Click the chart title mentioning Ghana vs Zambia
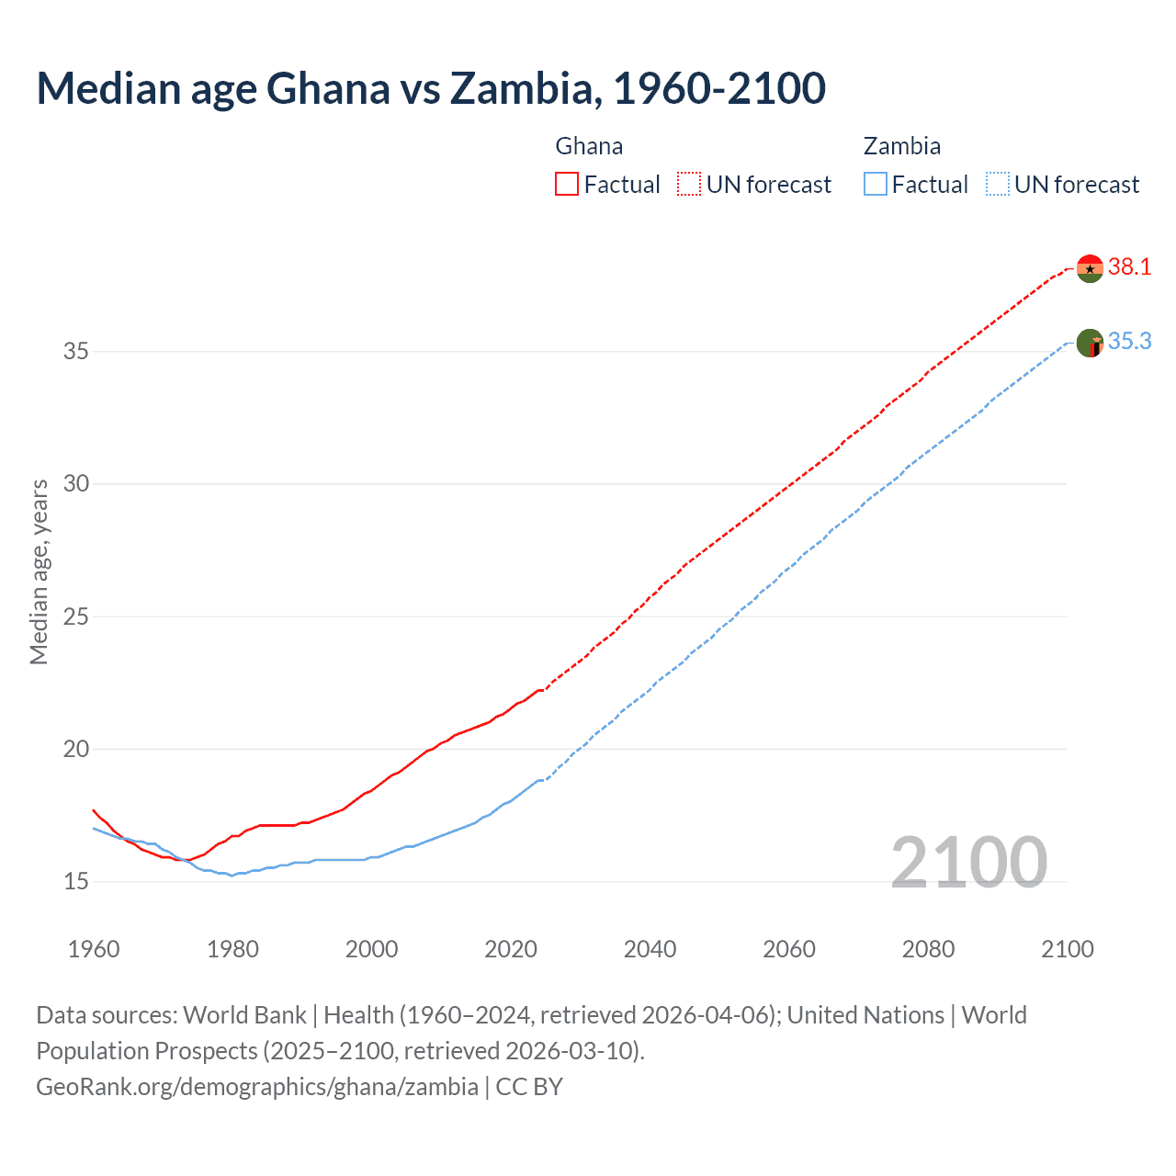(431, 89)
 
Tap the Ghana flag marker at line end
(1090, 268)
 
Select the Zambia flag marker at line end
(1090, 344)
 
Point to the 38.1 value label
(1129, 267)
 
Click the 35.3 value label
(1129, 342)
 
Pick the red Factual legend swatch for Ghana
(567, 185)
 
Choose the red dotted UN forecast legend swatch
(689, 185)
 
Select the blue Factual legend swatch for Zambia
(876, 185)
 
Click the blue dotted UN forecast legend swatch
(997, 185)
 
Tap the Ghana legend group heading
(589, 146)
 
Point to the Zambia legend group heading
(901, 146)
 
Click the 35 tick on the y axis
(76, 352)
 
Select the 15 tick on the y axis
(76, 882)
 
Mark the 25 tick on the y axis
(76, 616)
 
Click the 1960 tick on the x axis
(94, 949)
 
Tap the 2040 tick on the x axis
(650, 949)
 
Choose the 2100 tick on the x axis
(1067, 949)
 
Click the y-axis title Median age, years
(39, 571)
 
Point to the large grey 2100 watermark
(968, 863)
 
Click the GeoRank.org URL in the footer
(257, 1087)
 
